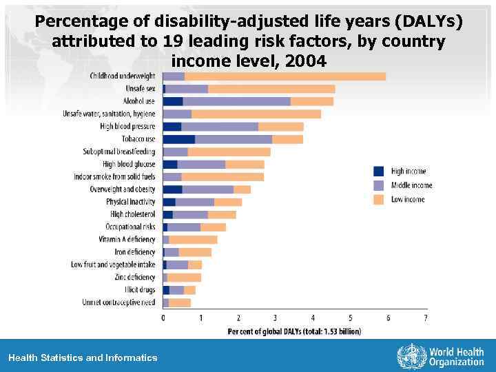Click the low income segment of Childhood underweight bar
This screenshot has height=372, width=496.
[x=285, y=76]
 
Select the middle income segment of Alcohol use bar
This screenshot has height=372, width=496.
[x=236, y=101]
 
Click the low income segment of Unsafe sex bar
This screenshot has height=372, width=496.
[x=271, y=89]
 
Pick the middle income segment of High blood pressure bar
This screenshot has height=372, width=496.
[x=220, y=127]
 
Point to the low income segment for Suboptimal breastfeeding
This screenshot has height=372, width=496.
[x=229, y=152]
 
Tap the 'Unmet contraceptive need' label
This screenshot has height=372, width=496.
[x=118, y=302]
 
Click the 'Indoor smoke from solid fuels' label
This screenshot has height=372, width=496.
[x=114, y=177]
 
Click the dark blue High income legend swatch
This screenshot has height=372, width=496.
[x=378, y=171]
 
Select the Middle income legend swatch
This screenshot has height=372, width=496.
[x=378, y=185]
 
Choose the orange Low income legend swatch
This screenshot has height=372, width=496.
[x=378, y=199]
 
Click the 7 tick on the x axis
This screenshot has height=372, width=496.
[x=426, y=318]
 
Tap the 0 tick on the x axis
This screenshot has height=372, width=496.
[x=163, y=318]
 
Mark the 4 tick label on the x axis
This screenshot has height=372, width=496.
[x=313, y=318]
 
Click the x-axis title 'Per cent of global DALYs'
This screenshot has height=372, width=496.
[x=294, y=331]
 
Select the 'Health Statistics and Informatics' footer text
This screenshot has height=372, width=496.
[x=83, y=358]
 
